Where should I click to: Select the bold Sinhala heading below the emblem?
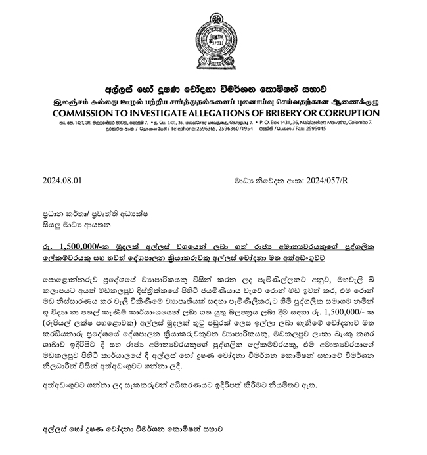(x=213, y=91)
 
